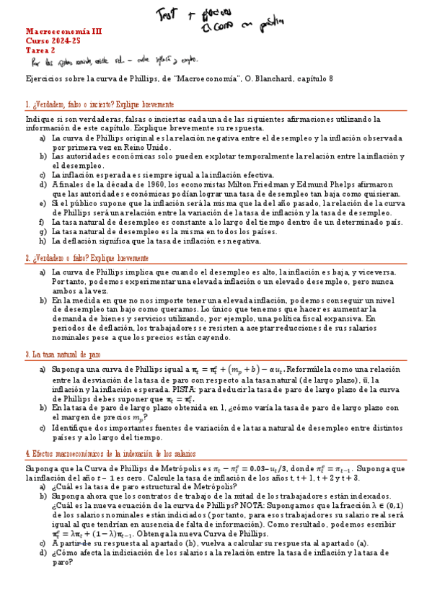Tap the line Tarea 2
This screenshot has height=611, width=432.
coord(40,50)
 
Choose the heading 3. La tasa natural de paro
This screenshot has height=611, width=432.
coord(63,354)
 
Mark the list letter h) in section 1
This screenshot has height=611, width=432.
coord(43,241)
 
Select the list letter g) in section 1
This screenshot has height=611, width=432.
coord(43,232)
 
